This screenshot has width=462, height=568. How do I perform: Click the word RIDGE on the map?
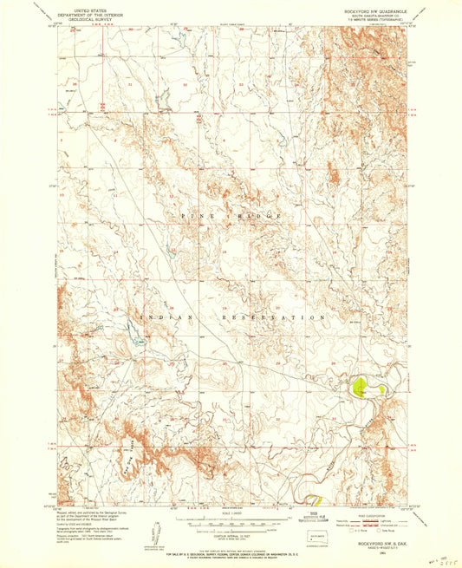click(269, 214)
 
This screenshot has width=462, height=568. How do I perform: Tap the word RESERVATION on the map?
click(276, 317)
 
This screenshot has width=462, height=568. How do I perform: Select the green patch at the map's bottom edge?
click(316, 499)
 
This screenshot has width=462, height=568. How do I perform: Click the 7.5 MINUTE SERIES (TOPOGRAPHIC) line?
click(371, 21)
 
